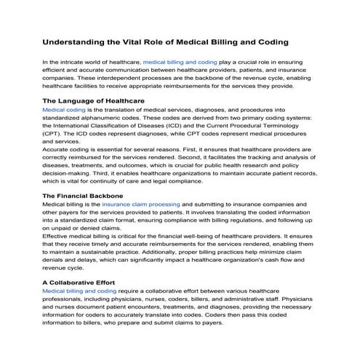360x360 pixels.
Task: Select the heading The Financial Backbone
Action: coord(82,196)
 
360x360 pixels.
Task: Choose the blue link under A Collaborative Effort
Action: coord(79,291)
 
